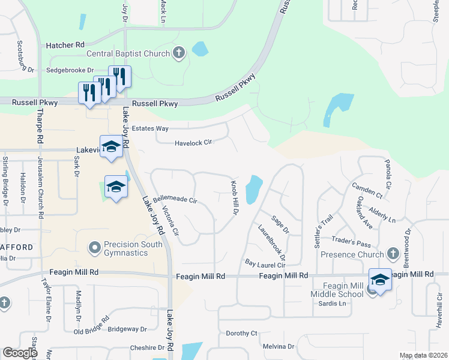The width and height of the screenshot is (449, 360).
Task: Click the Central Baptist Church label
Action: [x=128, y=53]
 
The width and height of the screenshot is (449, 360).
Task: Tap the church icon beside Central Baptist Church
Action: [x=178, y=53]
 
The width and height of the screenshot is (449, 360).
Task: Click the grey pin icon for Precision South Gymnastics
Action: [x=93, y=247]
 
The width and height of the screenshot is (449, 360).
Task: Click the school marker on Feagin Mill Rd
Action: [x=379, y=279]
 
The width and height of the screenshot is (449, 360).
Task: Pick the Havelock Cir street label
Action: [x=194, y=143]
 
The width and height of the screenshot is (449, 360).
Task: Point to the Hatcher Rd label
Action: [x=65, y=45]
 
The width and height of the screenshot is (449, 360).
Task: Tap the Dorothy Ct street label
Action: [x=241, y=333]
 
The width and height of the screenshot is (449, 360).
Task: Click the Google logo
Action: [x=20, y=353]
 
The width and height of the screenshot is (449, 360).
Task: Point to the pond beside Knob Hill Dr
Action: [x=254, y=190]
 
